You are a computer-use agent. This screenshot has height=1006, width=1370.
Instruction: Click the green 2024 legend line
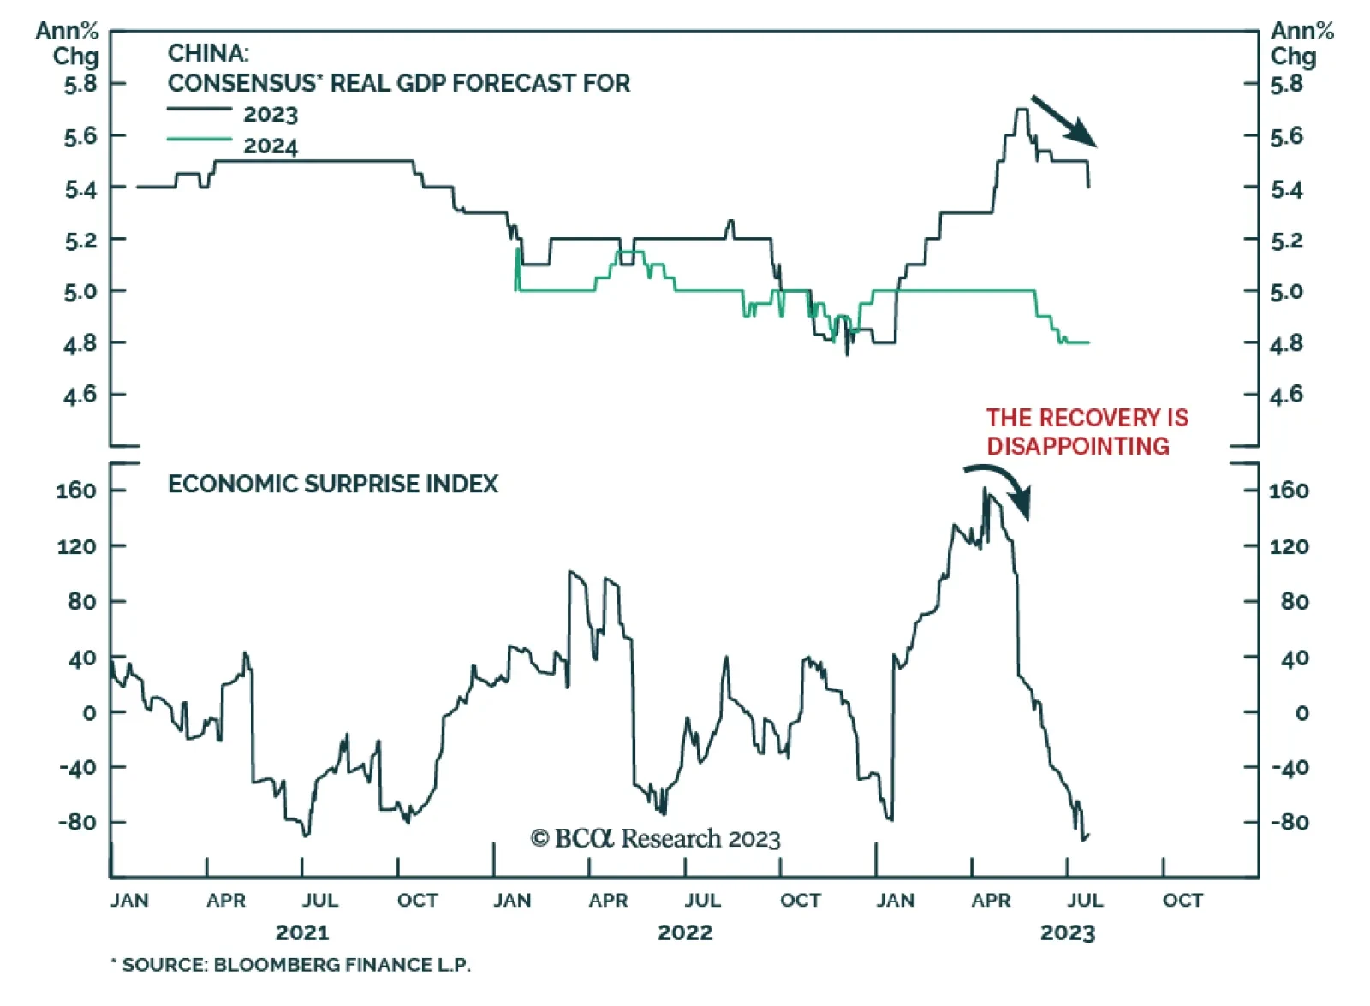click(199, 139)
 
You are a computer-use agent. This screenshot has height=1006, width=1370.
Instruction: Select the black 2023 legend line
click(199, 109)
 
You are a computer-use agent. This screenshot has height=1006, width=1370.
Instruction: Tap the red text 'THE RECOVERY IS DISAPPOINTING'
click(1086, 432)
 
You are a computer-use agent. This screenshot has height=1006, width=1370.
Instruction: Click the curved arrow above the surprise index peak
click(1002, 486)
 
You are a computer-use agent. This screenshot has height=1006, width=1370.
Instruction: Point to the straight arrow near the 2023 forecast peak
click(1063, 120)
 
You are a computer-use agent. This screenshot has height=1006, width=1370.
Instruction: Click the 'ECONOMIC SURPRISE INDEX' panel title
click(332, 484)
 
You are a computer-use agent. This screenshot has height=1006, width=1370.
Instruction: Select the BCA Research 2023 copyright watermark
click(655, 838)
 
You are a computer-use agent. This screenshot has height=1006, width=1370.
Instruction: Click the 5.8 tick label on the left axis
click(80, 84)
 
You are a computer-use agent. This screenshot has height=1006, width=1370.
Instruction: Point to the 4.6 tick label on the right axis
click(1286, 395)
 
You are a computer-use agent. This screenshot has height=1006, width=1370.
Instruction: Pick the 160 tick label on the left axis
click(77, 491)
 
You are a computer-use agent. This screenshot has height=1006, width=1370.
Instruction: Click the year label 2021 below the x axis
click(301, 932)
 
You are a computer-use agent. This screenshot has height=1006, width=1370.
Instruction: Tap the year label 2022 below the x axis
click(684, 932)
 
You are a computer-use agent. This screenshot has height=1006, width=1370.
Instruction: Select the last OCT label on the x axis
click(1182, 901)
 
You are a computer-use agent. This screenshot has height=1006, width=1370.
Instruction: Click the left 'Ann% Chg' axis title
click(68, 43)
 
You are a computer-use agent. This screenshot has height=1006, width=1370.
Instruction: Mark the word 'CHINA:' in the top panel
click(208, 53)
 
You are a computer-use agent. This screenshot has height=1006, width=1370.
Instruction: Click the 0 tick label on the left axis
click(89, 712)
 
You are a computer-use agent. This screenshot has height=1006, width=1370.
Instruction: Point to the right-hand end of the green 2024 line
click(1088, 342)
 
